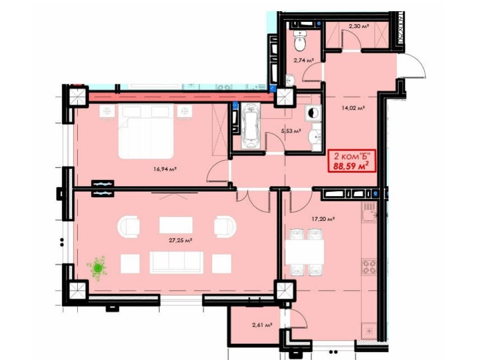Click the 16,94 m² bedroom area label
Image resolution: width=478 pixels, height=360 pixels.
tap(165, 169)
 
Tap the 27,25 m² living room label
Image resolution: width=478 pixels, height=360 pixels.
tap(181, 240)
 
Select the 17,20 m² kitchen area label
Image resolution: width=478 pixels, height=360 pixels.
tap(324, 219)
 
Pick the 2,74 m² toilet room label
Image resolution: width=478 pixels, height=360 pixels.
tap(304, 60)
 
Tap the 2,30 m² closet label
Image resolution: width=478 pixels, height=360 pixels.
tap(359, 26)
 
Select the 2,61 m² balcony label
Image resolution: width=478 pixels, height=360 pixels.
tap(262, 325)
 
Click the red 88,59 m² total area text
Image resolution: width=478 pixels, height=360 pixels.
tap(351, 166)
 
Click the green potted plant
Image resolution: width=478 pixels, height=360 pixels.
tap(97, 268)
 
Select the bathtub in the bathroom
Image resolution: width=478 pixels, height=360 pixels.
tap(250, 126)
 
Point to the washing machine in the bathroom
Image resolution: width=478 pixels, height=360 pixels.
tap(313, 113)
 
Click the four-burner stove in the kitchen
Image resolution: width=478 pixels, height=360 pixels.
tap(369, 267)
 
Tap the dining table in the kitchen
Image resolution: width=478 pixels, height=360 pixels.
tap(305, 252)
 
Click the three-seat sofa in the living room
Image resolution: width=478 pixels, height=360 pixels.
tap(177, 263)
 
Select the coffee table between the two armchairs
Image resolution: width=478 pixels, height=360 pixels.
tap(176, 225)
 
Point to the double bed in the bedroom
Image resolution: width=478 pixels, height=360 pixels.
tap(146, 131)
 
